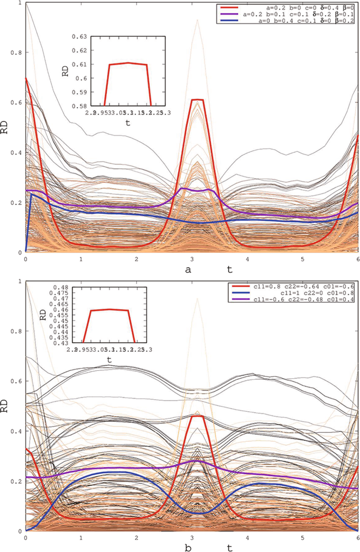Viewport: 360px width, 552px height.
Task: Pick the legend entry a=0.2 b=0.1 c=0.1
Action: point(297,15)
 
